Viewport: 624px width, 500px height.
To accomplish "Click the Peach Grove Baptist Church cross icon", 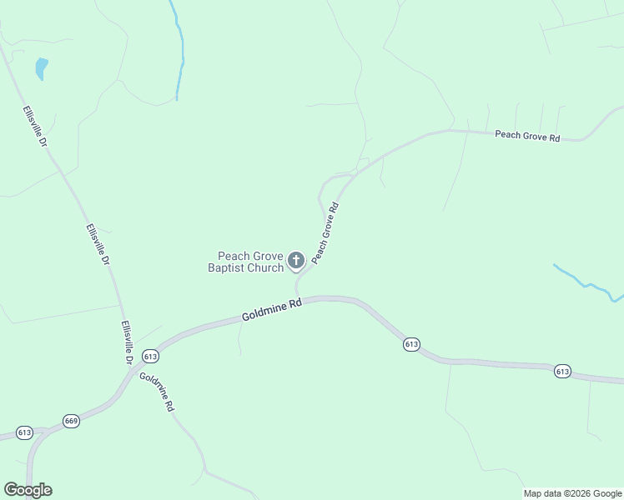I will (295, 262).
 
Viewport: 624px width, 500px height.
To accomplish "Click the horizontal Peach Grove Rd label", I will (527, 135).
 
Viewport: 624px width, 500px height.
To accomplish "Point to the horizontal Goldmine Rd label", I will (271, 312).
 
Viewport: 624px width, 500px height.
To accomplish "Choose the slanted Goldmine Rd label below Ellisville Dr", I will (157, 391).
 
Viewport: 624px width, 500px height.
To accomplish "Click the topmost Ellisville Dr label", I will (34, 127).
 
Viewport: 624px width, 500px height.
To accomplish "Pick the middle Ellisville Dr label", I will (97, 245).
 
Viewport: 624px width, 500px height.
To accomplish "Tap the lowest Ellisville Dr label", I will (127, 342).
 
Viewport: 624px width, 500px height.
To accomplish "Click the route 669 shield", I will (71, 421).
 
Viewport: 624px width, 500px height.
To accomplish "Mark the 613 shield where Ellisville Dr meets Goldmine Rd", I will (150, 357).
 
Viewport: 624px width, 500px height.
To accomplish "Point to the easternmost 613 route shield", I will (562, 371).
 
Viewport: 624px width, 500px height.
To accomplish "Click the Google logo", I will (28, 490).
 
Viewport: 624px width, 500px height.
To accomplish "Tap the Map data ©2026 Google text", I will (573, 493).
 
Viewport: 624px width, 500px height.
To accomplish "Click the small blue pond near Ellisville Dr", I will (41, 67).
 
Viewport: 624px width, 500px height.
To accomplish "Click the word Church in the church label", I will (265, 268).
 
